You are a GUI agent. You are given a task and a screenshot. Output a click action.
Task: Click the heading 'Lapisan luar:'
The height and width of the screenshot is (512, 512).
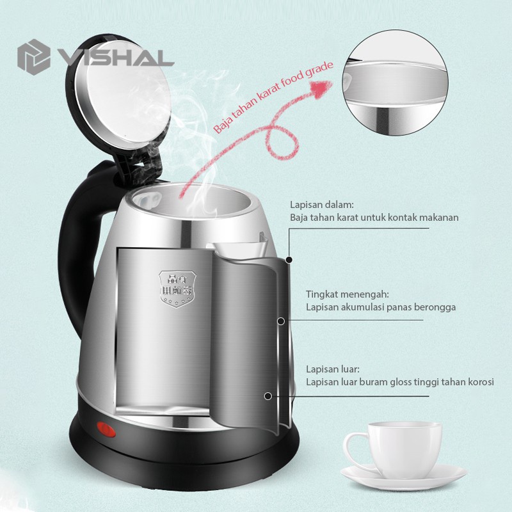pos(333,369)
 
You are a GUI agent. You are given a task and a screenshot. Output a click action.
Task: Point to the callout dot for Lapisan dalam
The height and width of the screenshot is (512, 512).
pos(289,260)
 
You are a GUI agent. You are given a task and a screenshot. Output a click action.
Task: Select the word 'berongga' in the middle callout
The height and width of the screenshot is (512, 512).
pos(435,307)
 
